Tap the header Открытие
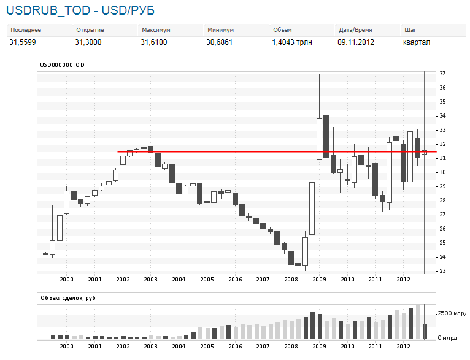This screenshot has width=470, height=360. point(90,30)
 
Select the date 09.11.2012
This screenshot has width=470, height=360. point(356,42)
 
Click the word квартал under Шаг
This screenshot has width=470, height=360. point(416,42)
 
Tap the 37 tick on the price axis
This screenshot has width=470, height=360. point(442,74)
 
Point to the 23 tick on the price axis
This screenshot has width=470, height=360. point(442,271)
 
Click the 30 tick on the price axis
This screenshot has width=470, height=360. point(442,172)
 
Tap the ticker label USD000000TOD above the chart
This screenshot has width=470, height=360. point(62,64)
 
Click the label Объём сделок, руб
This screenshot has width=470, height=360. point(68,298)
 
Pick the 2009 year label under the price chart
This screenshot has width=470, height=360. point(319,279)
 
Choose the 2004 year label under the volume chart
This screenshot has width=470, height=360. point(179,347)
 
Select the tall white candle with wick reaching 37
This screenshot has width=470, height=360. point(319,139)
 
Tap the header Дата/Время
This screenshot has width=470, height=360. point(355,30)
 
